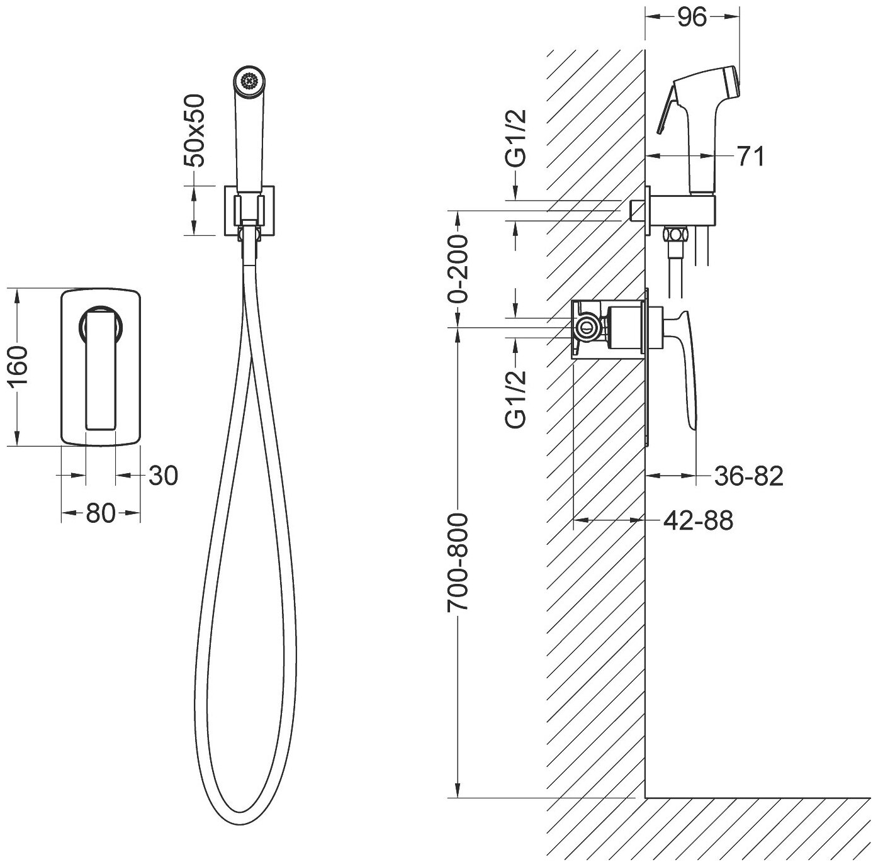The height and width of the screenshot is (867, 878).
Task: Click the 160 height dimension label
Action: tap(18, 368)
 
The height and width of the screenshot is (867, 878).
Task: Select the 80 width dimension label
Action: tap(101, 513)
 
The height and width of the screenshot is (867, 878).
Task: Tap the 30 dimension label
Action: tap(163, 476)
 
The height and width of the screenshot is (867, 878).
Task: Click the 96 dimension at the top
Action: tap(692, 18)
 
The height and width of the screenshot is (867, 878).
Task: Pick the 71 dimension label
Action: tap(750, 157)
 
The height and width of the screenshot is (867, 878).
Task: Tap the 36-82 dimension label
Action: tap(749, 476)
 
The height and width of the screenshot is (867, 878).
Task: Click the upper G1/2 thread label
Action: tap(516, 138)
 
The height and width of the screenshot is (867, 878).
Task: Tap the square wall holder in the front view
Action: tap(250, 211)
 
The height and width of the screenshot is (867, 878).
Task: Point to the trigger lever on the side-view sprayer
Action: tap(668, 113)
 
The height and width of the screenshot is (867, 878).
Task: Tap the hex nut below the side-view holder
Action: tap(676, 235)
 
